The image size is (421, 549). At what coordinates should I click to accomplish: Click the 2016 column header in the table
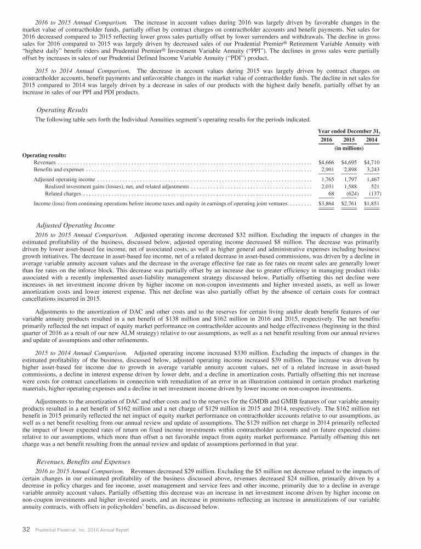point(327,140)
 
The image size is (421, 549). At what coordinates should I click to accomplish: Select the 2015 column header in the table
point(349,140)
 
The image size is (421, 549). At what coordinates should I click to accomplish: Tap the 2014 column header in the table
point(372,140)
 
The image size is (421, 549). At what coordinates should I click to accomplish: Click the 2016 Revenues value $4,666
point(327,163)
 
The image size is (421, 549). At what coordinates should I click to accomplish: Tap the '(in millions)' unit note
point(349,148)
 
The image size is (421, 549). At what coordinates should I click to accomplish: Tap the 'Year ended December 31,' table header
point(349,131)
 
